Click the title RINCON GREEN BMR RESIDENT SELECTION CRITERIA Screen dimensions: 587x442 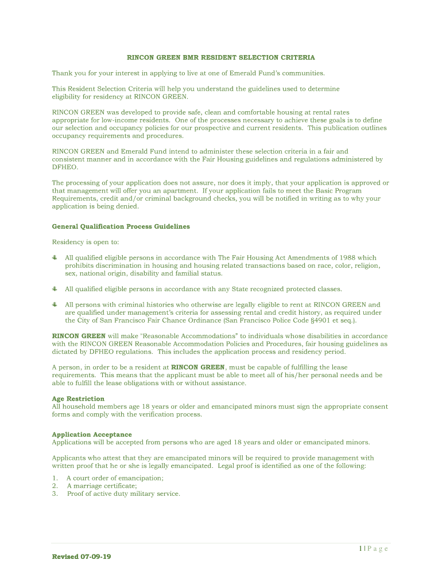coord(220,58)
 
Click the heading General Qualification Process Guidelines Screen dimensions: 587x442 coord(121,226)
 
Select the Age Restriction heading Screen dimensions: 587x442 coord(78,398)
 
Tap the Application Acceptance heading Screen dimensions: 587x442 coord(92,435)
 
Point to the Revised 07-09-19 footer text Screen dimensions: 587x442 coord(82,557)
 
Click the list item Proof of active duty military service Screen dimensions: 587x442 coord(123,494)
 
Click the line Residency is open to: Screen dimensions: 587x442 coord(86,242)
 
